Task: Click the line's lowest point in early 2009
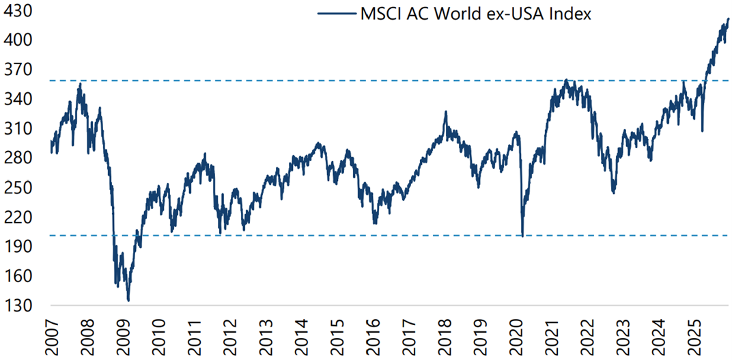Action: click(128, 300)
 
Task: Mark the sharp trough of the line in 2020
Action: click(522, 236)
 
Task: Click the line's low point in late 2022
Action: click(614, 193)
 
